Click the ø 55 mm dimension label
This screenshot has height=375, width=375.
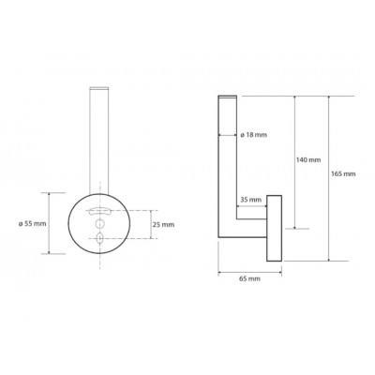(x=32, y=224)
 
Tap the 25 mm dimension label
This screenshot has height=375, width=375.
(x=163, y=224)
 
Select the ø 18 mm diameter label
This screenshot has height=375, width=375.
(x=253, y=135)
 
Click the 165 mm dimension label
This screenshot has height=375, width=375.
(x=343, y=173)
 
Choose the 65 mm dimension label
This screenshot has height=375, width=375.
(x=249, y=278)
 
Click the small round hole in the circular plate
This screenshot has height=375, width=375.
(x=99, y=224)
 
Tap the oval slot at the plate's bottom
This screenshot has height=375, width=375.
(x=99, y=238)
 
